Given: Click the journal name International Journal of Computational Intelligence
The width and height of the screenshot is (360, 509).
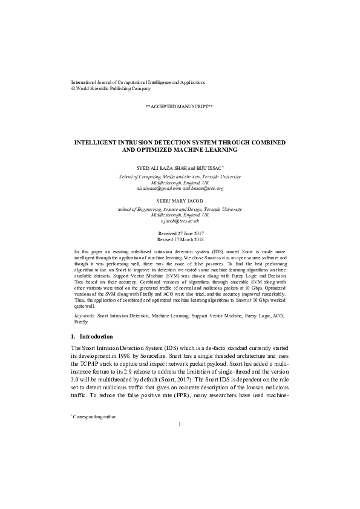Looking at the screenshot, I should coord(138,82).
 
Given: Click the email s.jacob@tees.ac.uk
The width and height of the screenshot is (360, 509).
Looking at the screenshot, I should coord(180,222).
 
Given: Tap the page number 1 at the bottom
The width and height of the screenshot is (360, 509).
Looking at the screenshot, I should coord(180,424).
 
